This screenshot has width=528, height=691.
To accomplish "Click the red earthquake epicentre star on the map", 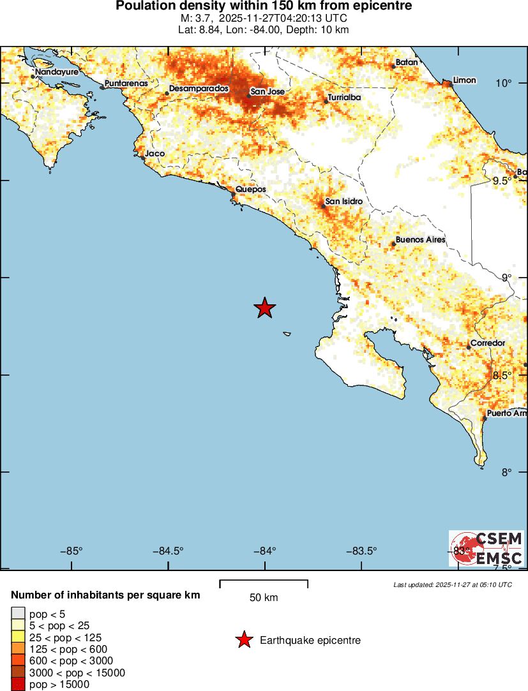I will point(265,308).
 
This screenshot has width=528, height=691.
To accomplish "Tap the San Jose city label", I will point(267,92).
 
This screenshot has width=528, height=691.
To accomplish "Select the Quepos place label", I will point(250,189).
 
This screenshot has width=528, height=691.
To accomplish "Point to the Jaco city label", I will point(155,154).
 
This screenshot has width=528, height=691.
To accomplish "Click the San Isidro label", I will point(344,202).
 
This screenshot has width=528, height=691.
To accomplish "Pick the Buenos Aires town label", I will point(420,241).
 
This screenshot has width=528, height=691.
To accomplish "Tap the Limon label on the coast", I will point(464,80).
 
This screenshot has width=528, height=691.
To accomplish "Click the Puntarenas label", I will point(126,84).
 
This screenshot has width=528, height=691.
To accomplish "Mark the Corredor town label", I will point(488,343).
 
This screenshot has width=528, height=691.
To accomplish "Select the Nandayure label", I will point(57,72).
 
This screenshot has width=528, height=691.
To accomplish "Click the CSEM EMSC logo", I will point(487,548).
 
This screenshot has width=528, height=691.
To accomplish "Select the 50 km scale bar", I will point(264,582).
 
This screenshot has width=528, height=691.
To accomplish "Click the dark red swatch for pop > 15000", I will point(18,685).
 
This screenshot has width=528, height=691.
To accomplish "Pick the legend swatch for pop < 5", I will point(18,614).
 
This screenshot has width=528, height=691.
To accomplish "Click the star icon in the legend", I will point(243,640).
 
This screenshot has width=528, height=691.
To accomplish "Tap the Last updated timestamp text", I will point(453,584).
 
